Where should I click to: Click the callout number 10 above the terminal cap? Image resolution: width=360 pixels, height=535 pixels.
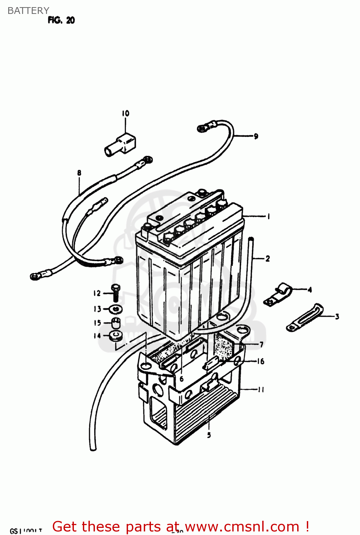pos(125,113)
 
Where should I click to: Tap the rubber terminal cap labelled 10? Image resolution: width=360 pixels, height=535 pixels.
pos(120,145)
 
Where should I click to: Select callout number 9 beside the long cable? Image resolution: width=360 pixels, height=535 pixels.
pos(256,136)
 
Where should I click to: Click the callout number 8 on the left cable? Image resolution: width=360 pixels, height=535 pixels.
pos(79,173)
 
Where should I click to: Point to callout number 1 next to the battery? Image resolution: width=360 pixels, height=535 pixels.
pos(268,216)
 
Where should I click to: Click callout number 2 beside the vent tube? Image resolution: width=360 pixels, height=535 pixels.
pos(268,258)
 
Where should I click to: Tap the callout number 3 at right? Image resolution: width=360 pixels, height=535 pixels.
pos(337,316)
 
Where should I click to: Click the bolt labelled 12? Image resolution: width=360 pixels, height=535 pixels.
pos(115,293)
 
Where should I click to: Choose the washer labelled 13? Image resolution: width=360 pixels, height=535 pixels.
pos(116,309)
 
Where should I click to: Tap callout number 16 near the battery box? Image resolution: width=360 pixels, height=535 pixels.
pos(260,361)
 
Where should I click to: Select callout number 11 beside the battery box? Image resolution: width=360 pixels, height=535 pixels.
pos(261,389)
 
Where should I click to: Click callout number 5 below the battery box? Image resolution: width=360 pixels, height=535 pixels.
pos(209,435)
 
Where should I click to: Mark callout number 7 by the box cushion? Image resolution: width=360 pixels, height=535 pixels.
pos(261,344)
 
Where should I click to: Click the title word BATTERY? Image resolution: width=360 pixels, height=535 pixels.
pos(28,11)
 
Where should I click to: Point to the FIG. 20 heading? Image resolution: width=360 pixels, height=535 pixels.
pos(61,20)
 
